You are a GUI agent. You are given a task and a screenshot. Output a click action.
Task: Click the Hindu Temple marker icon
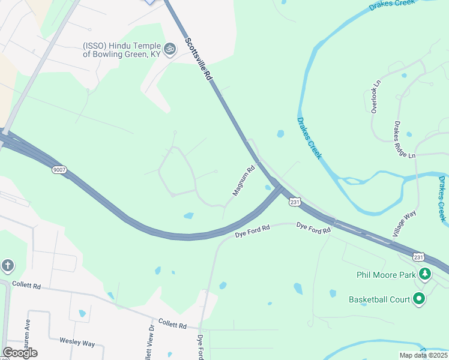click(170, 48)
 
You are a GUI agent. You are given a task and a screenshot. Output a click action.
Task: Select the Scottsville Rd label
click(199, 59)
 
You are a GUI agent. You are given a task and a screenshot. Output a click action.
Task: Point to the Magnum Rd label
click(244, 181)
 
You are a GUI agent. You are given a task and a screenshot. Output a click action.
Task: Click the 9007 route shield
click(59, 170)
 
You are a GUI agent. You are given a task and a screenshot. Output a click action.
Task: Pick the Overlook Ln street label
click(376, 97)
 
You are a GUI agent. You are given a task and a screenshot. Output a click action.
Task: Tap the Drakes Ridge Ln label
click(404, 140)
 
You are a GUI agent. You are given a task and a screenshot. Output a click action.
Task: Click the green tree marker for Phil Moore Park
click(425, 274)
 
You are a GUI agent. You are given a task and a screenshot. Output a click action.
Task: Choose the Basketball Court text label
click(379, 299)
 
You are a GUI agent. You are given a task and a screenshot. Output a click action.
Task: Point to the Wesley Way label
click(77, 343)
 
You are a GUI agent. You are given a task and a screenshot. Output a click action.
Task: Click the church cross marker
click(7, 265)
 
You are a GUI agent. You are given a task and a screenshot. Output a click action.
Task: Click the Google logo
click(20, 353)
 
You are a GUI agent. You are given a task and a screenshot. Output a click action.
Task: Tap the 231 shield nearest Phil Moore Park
click(418, 257)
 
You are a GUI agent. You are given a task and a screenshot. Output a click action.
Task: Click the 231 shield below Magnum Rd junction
click(294, 203)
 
